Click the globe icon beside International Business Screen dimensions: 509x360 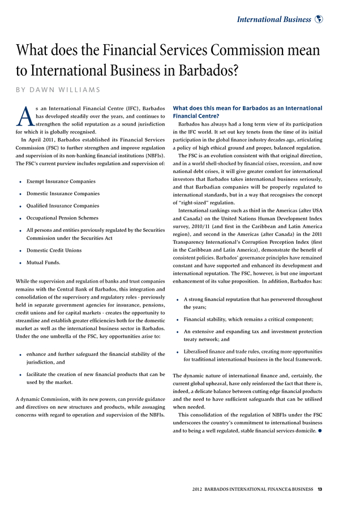[x=319, y=19]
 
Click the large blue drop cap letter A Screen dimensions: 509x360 [x=25, y=116]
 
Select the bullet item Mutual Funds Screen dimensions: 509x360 [x=43, y=262]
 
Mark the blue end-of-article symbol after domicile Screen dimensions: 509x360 [x=319, y=431]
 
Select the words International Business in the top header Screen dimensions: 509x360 [x=274, y=20]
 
